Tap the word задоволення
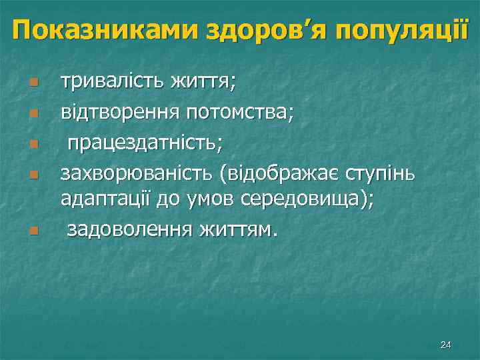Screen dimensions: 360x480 (129, 230)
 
